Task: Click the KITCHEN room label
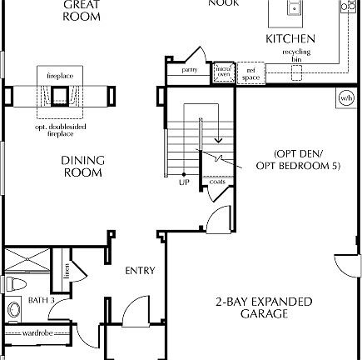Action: [x=290, y=39]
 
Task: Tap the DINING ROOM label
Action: [x=82, y=167]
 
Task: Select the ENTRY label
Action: [x=140, y=271]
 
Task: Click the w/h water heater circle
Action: [x=346, y=99]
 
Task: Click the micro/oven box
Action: [x=222, y=71]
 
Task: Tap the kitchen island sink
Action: [x=293, y=8]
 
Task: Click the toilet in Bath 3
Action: [x=14, y=284]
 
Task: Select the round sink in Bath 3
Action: [x=12, y=312]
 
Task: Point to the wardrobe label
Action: [x=37, y=332]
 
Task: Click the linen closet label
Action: [x=65, y=270]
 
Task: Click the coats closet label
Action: [x=216, y=181]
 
